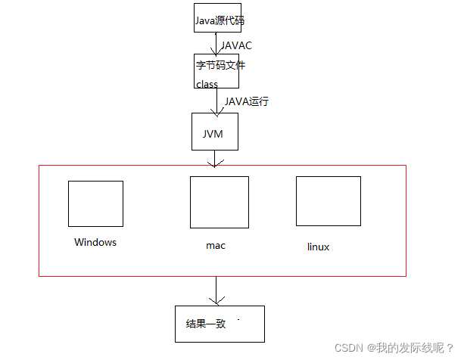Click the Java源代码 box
[218, 18]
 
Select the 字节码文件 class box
[218, 73]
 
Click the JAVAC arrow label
[237, 45]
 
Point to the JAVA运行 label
[247, 101]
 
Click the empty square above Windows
[95, 203]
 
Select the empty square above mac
[219, 202]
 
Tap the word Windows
[95, 243]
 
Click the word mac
[216, 246]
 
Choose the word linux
[319, 247]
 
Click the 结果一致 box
[220, 324]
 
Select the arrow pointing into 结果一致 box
[217, 291]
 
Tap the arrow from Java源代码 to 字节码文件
[216, 43]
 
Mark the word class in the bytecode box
[207, 85]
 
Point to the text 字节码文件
[220, 66]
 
